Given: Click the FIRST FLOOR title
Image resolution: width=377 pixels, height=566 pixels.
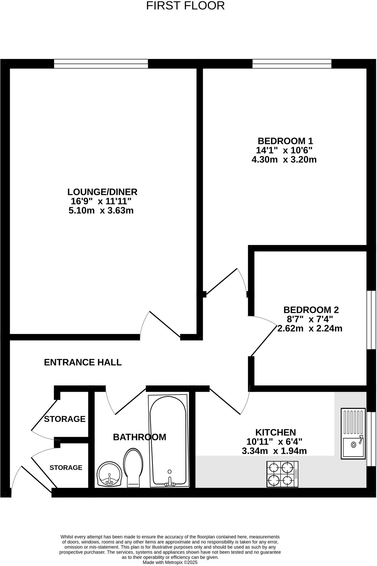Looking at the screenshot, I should [x=185, y=6].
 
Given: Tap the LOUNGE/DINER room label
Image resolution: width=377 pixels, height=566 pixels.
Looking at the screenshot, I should [x=102, y=192].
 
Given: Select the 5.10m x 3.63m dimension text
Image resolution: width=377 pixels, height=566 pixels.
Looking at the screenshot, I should [x=101, y=210].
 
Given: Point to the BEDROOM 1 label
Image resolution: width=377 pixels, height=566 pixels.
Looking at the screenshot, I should [x=285, y=141].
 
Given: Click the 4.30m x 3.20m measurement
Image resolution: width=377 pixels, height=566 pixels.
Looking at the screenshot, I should [x=284, y=159].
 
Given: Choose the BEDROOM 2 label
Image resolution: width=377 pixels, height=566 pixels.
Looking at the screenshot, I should [x=311, y=310].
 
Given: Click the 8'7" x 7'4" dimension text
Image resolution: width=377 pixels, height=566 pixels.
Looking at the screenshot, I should [x=310, y=319].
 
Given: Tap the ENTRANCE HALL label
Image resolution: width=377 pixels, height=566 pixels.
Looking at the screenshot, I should [x=83, y=362].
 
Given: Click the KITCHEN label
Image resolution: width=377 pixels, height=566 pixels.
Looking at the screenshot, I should [x=275, y=432].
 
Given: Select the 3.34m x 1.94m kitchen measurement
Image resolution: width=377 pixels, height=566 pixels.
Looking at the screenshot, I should [x=274, y=451].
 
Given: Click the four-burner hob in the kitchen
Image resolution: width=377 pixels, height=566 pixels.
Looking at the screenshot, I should [x=282, y=474].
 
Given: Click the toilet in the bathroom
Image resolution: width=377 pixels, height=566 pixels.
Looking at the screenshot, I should [x=133, y=467].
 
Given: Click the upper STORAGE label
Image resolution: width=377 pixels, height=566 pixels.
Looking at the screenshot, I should [x=65, y=419].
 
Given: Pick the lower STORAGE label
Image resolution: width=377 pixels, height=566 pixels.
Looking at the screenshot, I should [x=66, y=467].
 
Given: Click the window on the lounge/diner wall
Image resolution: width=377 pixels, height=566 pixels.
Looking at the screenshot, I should [x=101, y=64].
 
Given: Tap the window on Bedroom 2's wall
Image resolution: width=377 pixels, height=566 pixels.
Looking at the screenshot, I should [x=371, y=320].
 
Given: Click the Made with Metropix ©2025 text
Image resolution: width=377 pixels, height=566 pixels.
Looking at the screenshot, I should [x=170, y=562].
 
